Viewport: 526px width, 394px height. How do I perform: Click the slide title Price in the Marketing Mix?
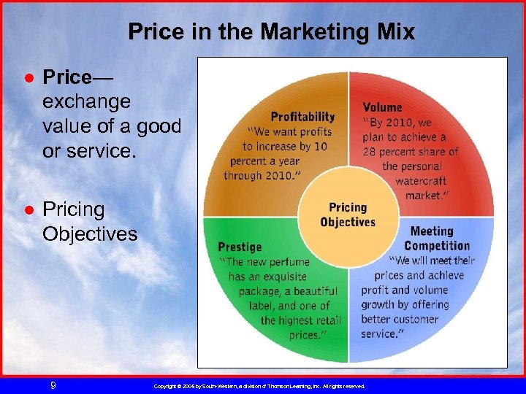point(271,32)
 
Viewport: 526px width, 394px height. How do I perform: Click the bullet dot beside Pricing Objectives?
point(27,210)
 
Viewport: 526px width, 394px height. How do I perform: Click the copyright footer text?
point(259,385)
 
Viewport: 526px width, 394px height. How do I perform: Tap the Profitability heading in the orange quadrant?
point(302,117)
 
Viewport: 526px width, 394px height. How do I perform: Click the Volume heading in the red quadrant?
point(382,107)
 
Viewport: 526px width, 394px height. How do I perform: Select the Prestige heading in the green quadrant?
point(239,247)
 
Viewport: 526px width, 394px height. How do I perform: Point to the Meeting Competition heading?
point(436,238)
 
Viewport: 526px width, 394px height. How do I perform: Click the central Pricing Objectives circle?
point(348,215)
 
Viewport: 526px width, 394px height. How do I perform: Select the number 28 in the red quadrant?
point(371,152)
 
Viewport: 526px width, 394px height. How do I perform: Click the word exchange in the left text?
point(86,101)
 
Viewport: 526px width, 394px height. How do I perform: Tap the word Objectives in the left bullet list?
point(89,233)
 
